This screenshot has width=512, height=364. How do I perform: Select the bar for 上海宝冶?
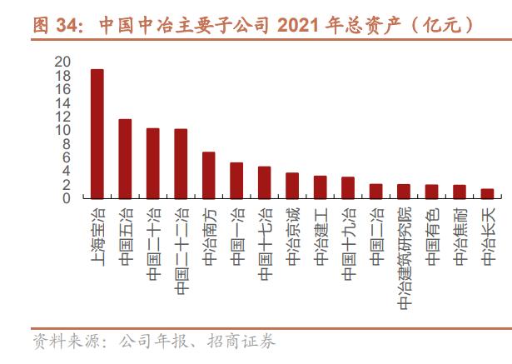97,134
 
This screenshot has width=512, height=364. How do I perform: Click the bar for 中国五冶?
125,159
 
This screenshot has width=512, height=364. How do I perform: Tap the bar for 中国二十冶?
152,163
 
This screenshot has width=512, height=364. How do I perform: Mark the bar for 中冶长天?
487,193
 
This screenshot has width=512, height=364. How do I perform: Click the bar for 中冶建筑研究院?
404,192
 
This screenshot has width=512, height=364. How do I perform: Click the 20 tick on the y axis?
62,62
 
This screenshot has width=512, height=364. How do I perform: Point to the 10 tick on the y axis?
62,131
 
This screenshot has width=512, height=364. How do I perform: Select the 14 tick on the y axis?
62,103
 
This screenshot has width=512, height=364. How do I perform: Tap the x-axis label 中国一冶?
236,237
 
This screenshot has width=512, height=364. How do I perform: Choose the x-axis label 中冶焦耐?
459,237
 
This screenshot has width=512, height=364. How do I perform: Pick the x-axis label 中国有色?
431,237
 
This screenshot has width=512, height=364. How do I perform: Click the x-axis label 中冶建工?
320,237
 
